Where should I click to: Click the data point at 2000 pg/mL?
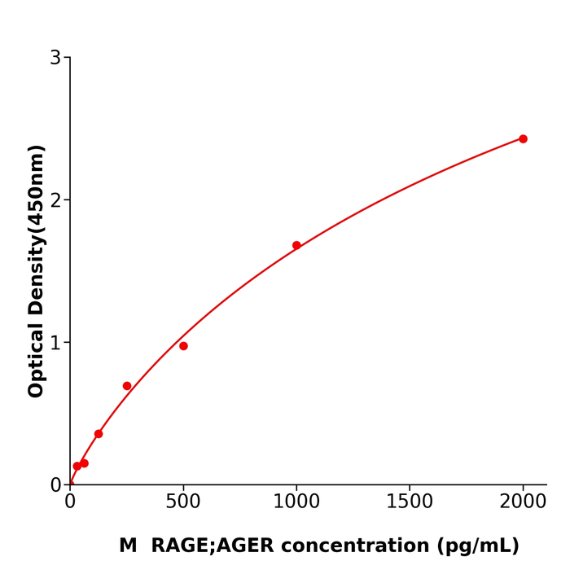click(523, 139)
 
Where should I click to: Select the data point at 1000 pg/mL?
click(296, 245)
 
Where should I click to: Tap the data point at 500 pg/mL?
click(183, 346)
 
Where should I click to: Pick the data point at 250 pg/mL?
click(127, 386)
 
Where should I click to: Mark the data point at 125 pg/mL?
click(99, 434)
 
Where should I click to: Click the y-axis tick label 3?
click(55, 58)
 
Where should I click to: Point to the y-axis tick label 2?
click(55, 200)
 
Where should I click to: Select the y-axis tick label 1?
click(55, 343)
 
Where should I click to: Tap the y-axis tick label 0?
click(55, 485)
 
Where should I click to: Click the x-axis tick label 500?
click(183, 502)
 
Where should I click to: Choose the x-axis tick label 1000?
click(296, 502)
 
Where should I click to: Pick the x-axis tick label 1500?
click(410, 502)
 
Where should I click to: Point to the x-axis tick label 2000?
click(523, 502)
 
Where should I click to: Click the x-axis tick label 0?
click(70, 502)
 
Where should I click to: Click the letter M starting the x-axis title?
click(128, 546)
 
